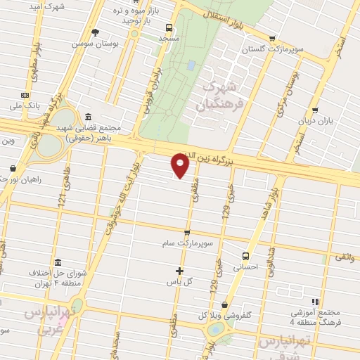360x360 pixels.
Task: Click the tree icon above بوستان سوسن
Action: click(x=95, y=32)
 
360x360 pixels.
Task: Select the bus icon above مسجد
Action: click(x=168, y=27)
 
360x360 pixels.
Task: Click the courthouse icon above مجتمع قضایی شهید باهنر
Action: click(x=87, y=117)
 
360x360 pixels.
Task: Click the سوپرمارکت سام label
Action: click(x=186, y=243)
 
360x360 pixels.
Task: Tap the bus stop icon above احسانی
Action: click(x=246, y=257)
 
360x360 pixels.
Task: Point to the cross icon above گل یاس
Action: click(x=179, y=271)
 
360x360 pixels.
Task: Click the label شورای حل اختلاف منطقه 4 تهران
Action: click(x=49, y=278)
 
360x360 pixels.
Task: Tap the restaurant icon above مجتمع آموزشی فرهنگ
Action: click(x=315, y=301)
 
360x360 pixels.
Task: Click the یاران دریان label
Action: click(x=314, y=121)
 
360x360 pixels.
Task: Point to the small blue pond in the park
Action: click(x=191, y=65)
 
